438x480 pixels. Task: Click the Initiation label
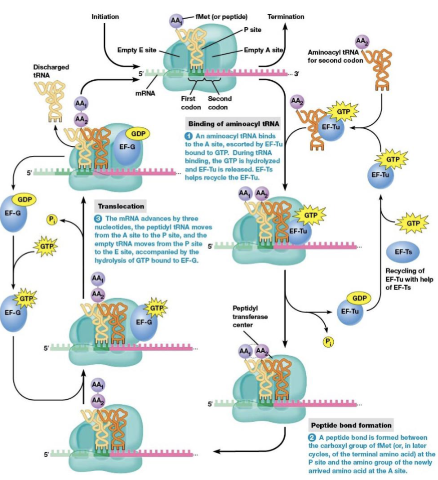coord(105,17)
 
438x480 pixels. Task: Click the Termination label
coord(286,17)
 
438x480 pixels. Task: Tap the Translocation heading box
coord(121,206)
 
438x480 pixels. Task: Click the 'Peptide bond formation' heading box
coord(351,425)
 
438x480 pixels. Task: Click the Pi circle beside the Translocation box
coord(52,219)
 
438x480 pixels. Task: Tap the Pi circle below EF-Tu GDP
coord(328,342)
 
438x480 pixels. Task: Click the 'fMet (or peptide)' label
coord(221,17)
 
